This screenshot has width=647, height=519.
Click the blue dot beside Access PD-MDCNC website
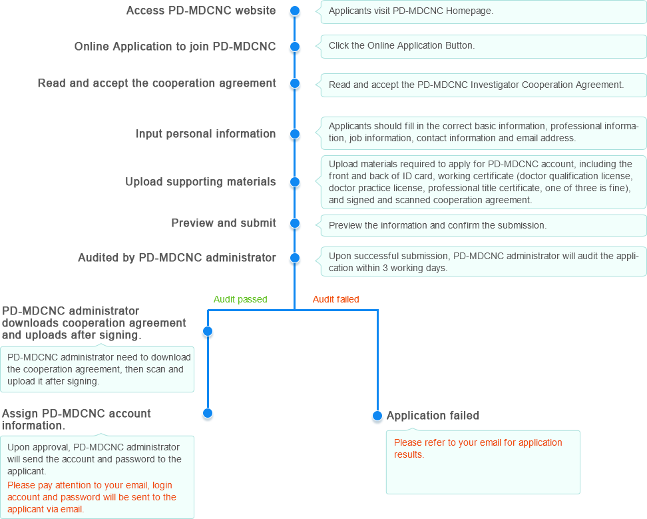(295, 11)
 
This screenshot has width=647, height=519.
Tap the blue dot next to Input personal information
(295, 134)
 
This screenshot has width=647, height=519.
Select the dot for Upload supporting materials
(295, 182)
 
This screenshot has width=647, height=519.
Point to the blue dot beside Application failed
(377, 416)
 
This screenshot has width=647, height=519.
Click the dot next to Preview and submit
(295, 223)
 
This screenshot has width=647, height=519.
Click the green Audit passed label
(240, 299)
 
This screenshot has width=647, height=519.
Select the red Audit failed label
(336, 299)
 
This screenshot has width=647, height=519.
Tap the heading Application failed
(433, 415)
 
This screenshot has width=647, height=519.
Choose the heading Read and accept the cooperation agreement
(157, 83)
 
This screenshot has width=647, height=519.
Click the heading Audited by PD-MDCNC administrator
(177, 258)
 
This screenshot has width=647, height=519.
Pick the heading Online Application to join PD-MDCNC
(175, 46)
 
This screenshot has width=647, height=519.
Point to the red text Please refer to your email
(478, 448)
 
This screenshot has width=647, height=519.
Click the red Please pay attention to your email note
(92, 497)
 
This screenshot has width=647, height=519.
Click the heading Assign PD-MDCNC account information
(77, 420)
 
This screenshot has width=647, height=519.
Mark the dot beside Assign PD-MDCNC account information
(208, 413)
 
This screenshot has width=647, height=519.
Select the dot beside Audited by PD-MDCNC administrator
(295, 258)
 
